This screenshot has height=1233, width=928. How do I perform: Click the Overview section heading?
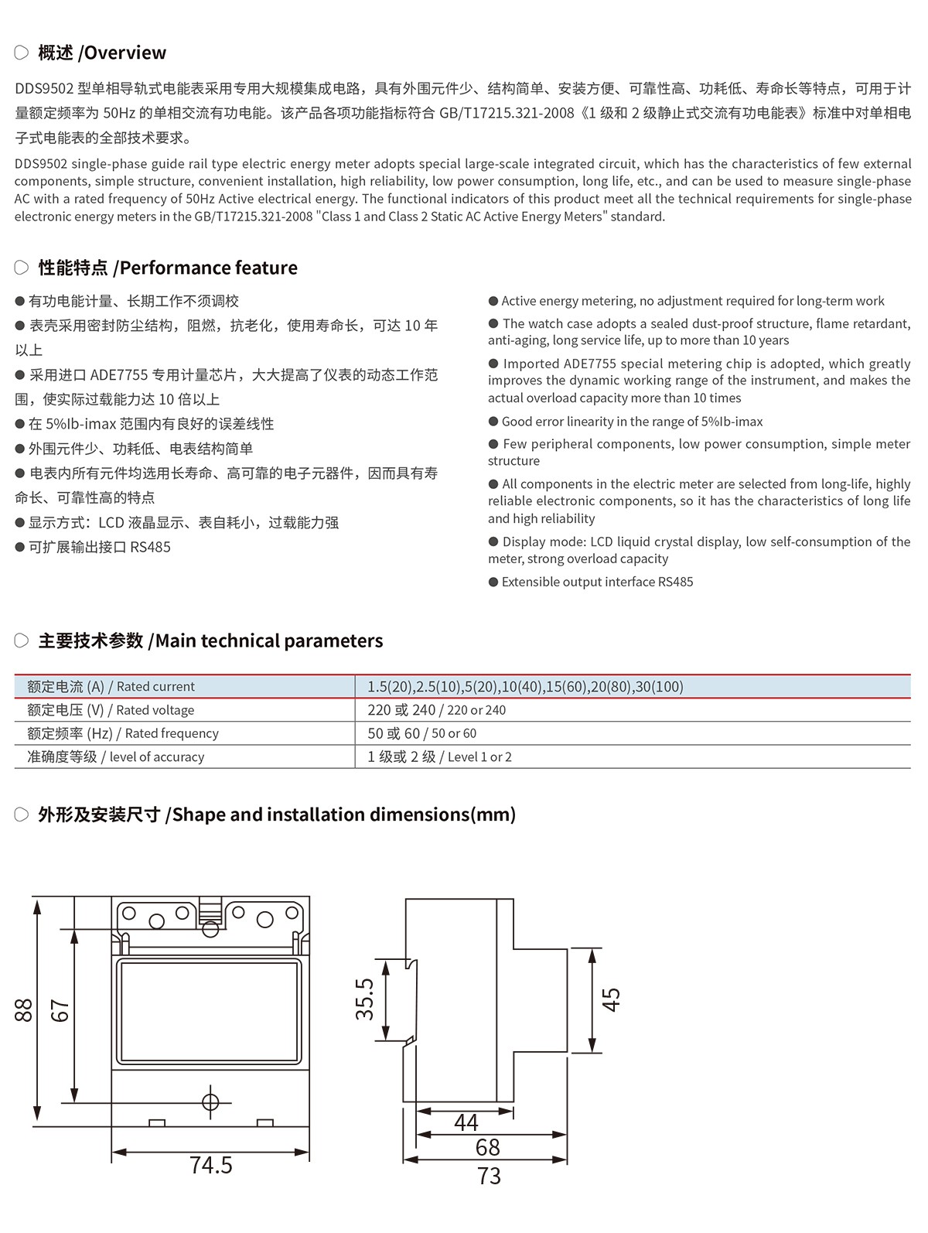click(101, 53)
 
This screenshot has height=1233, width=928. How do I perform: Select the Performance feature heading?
click(168, 268)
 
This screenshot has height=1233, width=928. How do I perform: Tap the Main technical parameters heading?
click(210, 640)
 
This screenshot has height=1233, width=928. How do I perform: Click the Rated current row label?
click(111, 686)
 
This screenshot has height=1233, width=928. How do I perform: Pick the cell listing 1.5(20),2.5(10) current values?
click(525, 686)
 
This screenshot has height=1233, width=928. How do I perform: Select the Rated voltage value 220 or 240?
click(436, 710)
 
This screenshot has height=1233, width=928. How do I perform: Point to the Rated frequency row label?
click(123, 733)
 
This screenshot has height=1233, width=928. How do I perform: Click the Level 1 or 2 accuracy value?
click(439, 757)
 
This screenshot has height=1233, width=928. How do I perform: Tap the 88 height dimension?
click(24, 1009)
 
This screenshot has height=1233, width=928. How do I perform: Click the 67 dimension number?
click(60, 1009)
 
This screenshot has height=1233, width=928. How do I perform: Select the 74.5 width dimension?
click(210, 1165)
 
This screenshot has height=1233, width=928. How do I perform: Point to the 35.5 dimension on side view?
click(364, 999)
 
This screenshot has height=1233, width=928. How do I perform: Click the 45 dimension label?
click(611, 999)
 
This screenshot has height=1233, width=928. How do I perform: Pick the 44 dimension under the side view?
click(466, 1122)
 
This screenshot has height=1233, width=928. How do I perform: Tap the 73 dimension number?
click(489, 1177)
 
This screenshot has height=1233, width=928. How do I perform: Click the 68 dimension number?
click(487, 1147)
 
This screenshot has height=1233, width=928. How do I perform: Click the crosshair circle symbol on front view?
click(210, 1102)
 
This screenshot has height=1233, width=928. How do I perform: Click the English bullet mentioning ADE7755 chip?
click(699, 381)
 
